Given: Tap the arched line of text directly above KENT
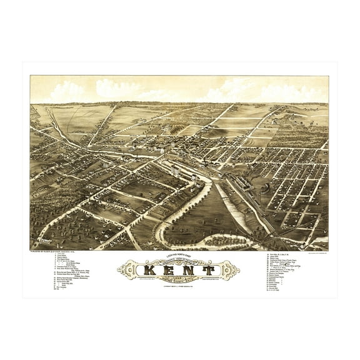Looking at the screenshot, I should [x=180, y=261].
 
